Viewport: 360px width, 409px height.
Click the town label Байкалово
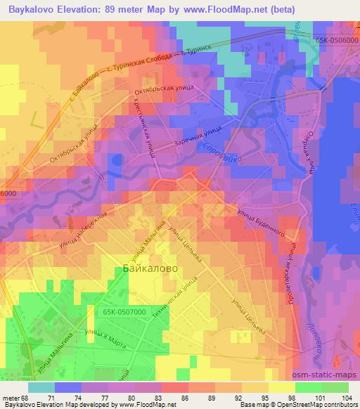coord(146,268)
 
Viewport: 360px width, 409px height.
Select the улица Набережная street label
coord(82,231)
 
